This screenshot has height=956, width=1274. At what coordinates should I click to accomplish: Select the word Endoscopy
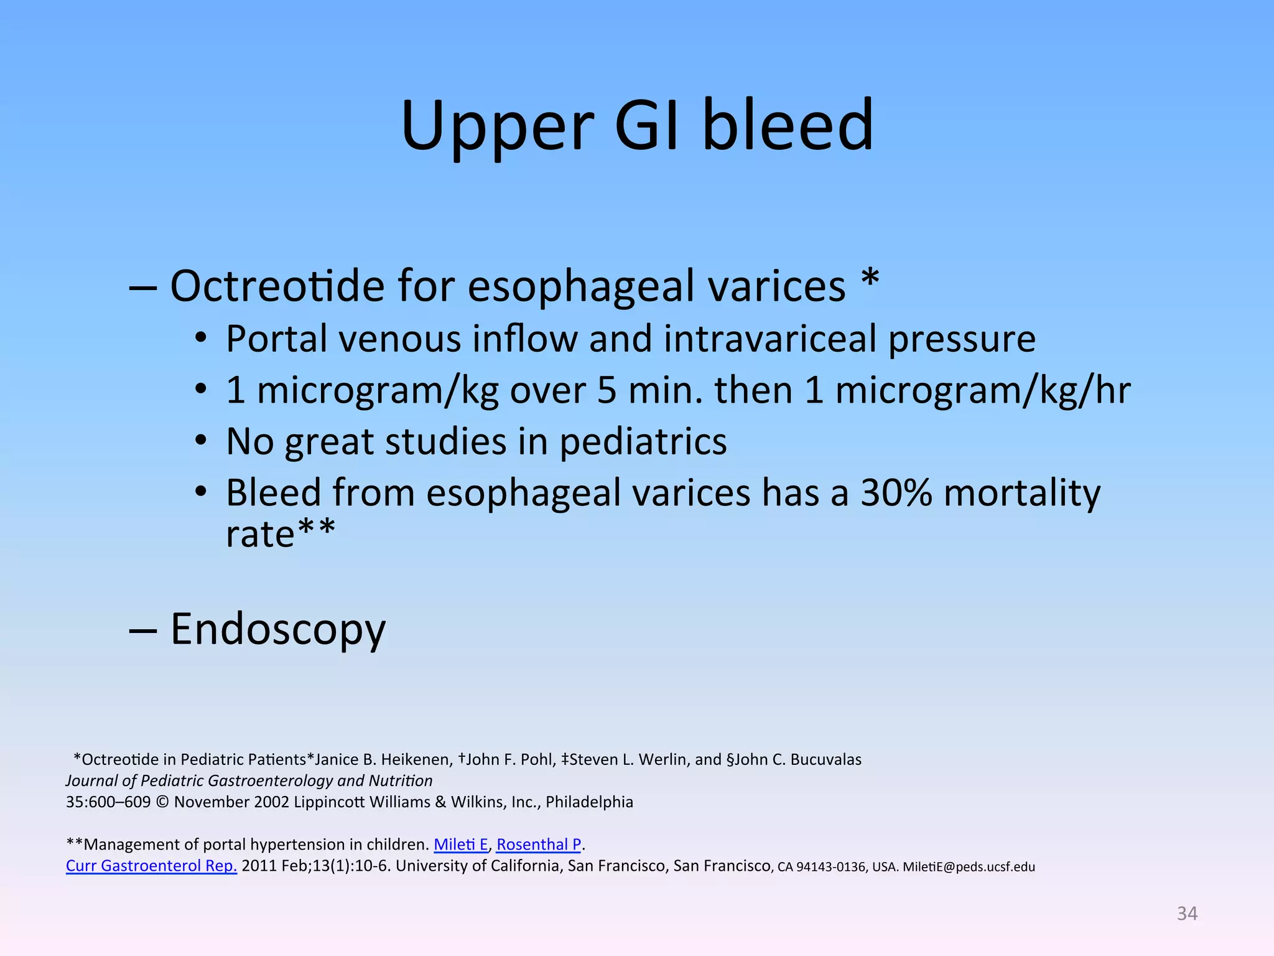(278, 630)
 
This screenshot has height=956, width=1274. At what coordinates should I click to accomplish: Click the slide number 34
(1187, 913)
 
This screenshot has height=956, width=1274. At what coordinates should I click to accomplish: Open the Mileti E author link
(460, 845)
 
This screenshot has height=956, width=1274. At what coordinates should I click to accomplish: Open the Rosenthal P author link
(539, 845)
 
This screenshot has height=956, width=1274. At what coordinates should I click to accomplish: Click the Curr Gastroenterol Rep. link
(151, 866)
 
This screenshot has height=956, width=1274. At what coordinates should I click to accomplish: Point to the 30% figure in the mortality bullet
(896, 493)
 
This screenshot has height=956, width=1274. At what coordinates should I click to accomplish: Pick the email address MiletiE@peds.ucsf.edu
(969, 867)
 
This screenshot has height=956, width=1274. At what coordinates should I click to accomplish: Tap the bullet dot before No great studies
(200, 441)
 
